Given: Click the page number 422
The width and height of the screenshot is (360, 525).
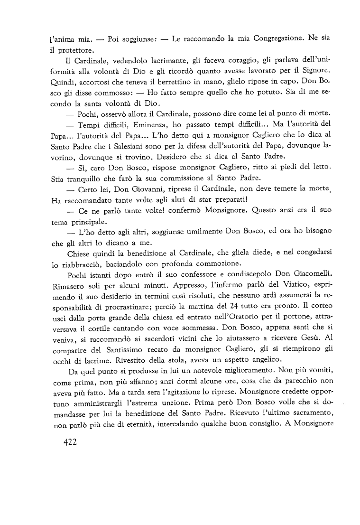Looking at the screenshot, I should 70,443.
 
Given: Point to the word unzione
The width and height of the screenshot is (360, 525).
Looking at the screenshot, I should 193,432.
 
